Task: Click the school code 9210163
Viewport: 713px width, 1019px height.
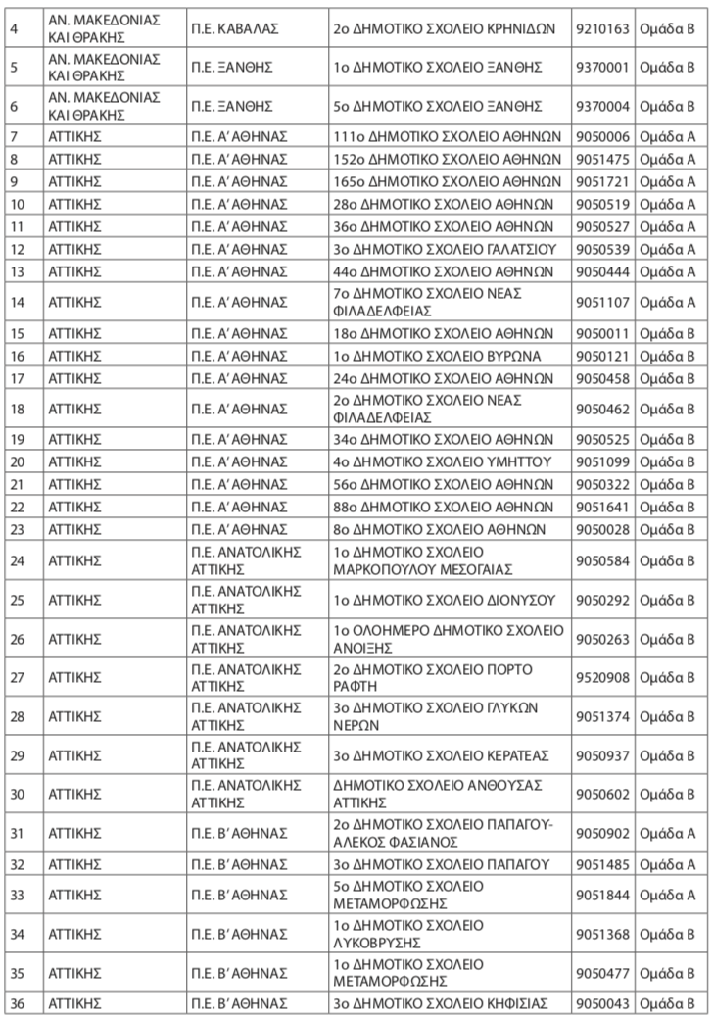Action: point(603,28)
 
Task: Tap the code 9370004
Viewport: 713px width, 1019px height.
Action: point(603,105)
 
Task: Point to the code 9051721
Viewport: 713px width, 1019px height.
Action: point(603,180)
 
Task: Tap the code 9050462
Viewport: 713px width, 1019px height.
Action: point(603,409)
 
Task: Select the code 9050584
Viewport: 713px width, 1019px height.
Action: point(603,561)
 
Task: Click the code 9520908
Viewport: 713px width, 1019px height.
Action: point(603,677)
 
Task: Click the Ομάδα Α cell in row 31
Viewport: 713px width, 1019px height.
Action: point(667,832)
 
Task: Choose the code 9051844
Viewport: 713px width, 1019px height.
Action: point(603,895)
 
